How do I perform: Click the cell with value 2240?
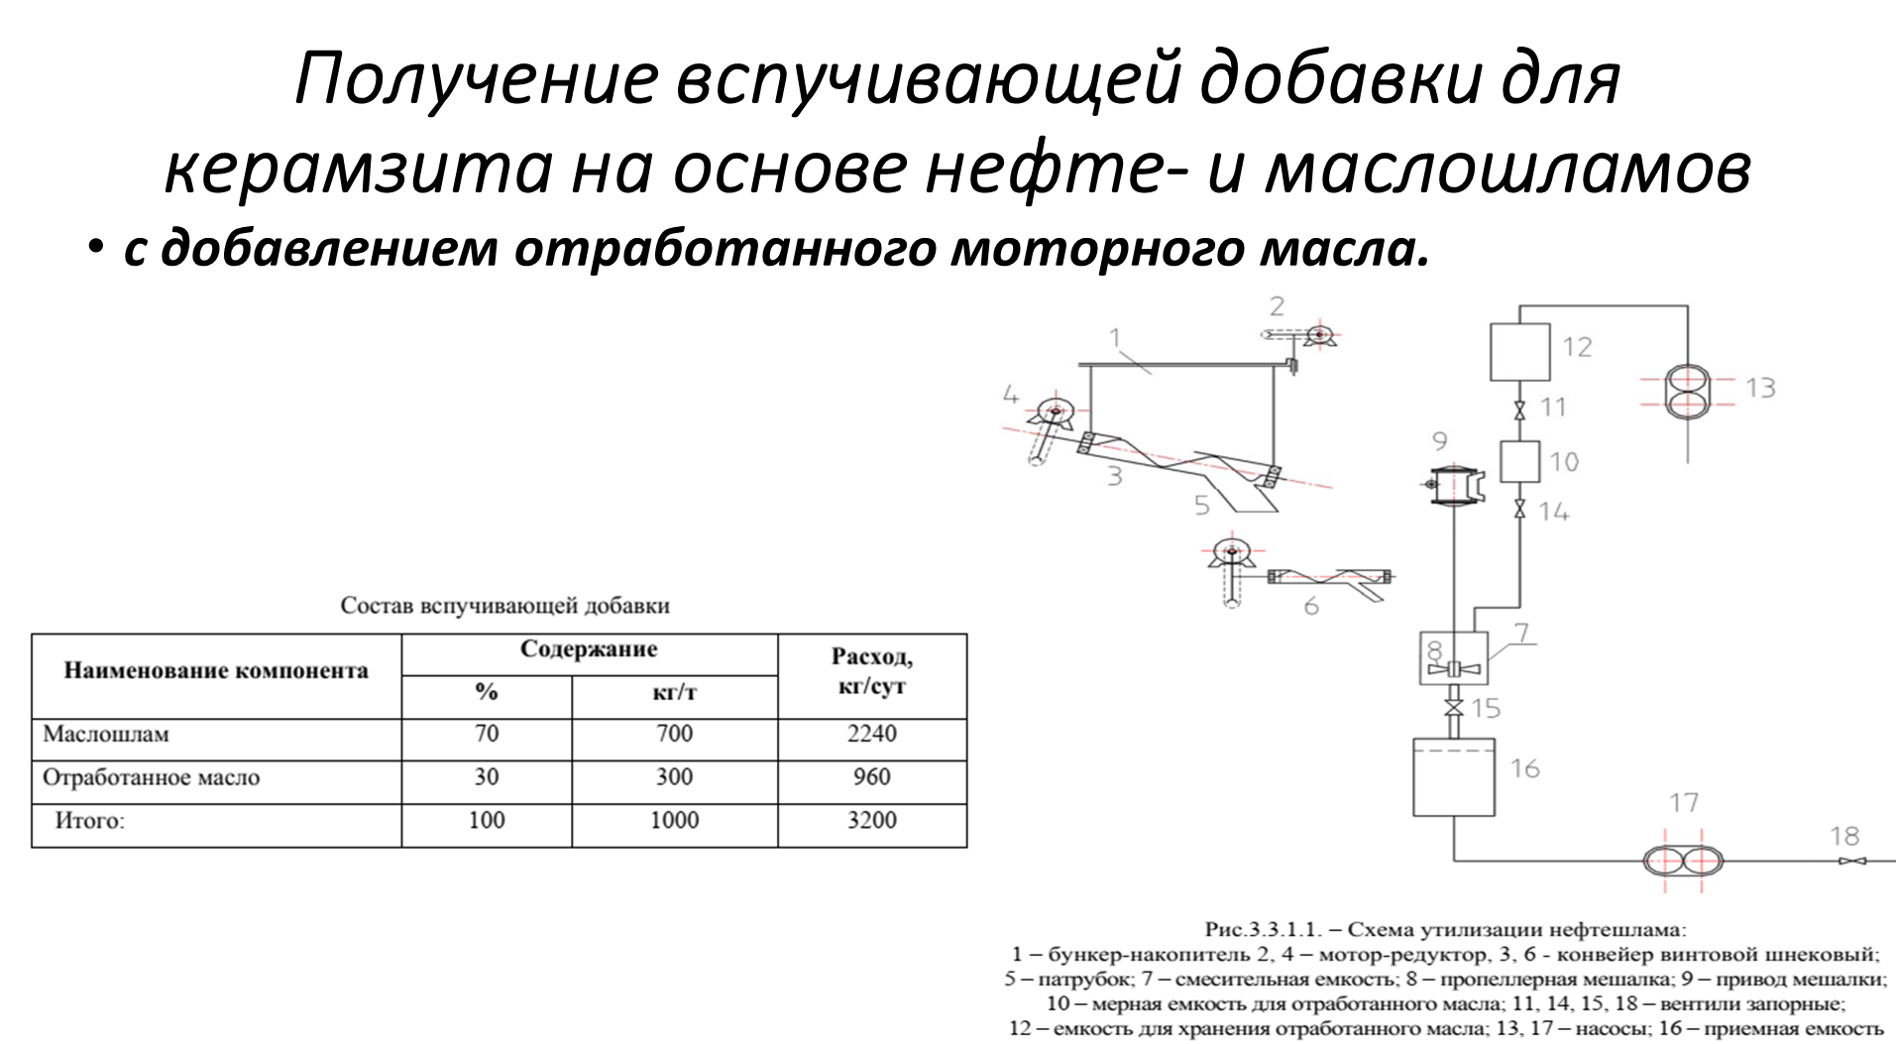(x=871, y=735)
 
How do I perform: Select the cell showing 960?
(x=871, y=777)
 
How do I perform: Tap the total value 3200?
(x=871, y=821)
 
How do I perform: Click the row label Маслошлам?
(x=106, y=735)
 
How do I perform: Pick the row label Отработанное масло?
(x=151, y=778)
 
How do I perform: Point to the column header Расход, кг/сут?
(x=871, y=671)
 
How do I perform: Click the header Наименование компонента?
(x=216, y=671)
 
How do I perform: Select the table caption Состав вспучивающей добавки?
(x=504, y=606)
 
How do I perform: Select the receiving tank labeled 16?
(x=1454, y=776)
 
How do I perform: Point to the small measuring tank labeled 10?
(x=1518, y=461)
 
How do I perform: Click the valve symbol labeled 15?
(x=1454, y=708)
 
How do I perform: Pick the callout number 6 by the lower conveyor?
(x=1311, y=605)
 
